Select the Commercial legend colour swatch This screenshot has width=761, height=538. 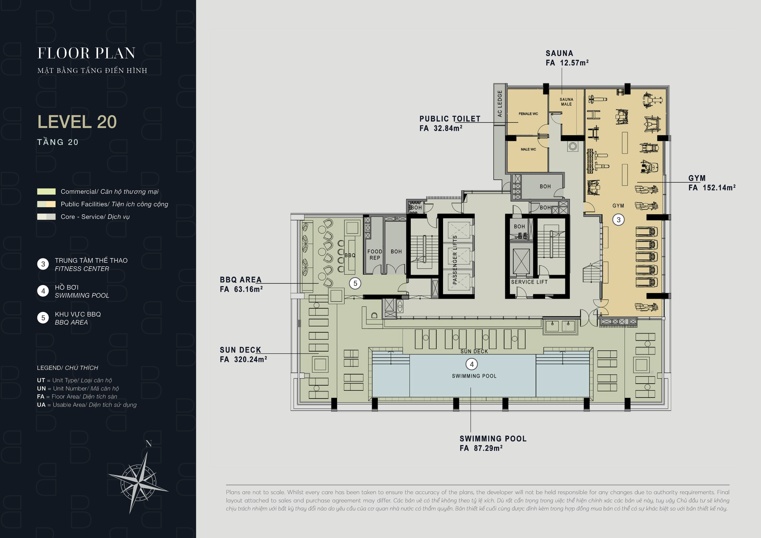[46, 191]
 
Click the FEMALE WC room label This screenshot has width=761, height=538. [528, 114]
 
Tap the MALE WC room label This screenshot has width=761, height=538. [528, 149]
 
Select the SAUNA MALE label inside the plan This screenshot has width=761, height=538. [566, 102]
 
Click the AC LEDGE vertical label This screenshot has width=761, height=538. [500, 103]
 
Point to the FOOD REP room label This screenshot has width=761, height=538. [375, 255]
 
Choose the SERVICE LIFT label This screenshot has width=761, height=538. [529, 282]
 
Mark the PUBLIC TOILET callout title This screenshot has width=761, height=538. [450, 119]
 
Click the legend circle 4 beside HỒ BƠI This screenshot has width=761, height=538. [43, 291]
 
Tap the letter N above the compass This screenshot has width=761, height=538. [149, 444]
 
